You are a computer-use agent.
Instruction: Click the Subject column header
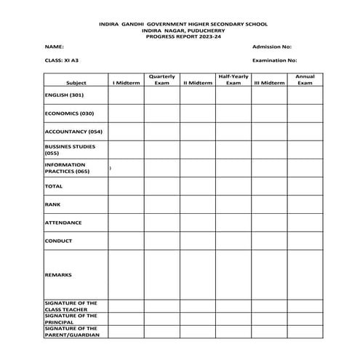pos(76,83)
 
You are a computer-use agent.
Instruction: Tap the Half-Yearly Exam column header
pos(233,79)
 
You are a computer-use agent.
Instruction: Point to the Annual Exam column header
pos(304,79)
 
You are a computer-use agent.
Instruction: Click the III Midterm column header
pos(269,83)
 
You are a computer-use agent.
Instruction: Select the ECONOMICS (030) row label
pos(69,113)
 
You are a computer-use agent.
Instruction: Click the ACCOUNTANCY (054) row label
pos(73,132)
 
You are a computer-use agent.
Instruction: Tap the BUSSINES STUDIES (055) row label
pos(70,150)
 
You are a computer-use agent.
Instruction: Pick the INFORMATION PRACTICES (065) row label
pos(68,168)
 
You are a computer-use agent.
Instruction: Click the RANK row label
pos(52,204)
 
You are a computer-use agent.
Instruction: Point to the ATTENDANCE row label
pos(63,223)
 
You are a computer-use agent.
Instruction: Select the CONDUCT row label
pos(58,241)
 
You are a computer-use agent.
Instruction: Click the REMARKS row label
pos(58,275)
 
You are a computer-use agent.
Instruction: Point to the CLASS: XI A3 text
pos(60,60)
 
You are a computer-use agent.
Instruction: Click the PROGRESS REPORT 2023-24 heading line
pos(180,35)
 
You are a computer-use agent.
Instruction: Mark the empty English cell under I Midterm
pos(126,95)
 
